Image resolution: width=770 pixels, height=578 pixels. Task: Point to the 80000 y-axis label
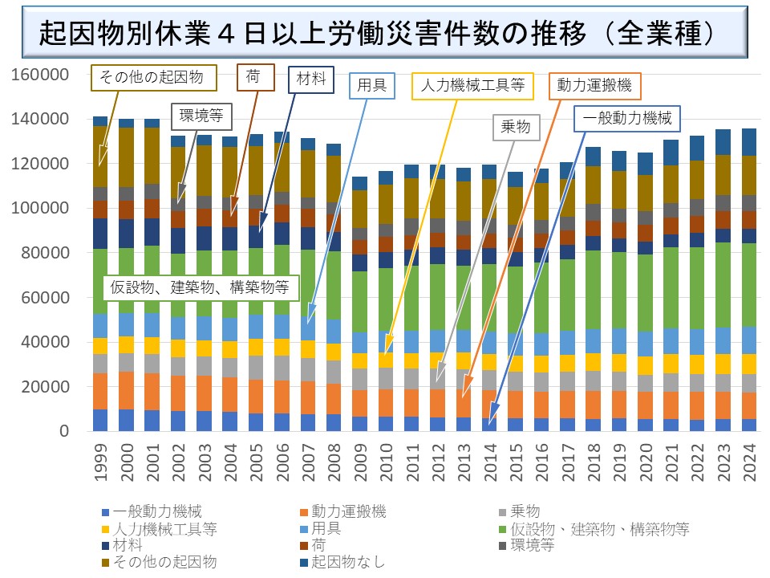coord(46,253)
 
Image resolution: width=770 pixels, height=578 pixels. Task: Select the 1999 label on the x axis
coord(100,465)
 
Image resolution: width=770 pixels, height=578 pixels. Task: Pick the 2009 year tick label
coord(360,465)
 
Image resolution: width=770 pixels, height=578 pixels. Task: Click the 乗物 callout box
coord(517,127)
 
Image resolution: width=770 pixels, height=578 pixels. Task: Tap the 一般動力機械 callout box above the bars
coord(627,118)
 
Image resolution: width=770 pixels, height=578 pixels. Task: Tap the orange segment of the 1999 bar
coord(100,391)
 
